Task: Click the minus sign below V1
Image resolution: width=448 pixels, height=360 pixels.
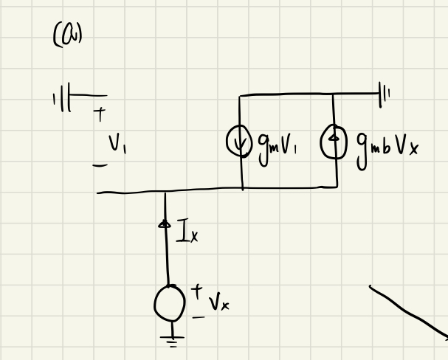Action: pos(99,165)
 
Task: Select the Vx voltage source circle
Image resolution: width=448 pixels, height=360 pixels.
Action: pos(170,302)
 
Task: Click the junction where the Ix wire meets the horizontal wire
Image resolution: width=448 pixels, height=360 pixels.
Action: pos(165,193)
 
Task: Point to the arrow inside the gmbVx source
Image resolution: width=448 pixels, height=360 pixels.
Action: pos(334,139)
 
